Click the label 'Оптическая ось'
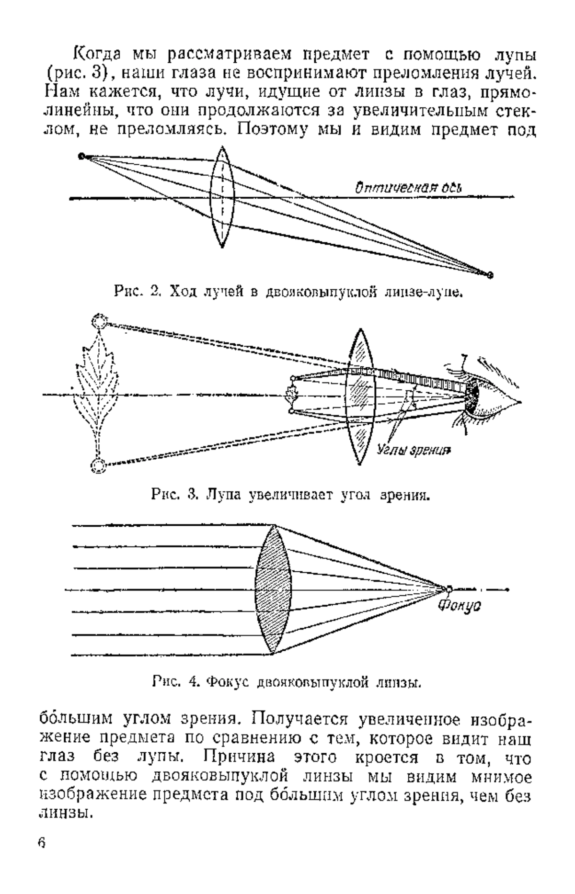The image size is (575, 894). (x=408, y=187)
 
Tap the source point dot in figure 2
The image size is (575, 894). (x=82, y=156)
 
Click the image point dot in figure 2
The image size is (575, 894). (x=490, y=275)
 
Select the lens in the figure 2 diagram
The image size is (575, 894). (x=222, y=197)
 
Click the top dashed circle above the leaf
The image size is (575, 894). (x=100, y=321)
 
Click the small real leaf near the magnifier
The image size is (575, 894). (x=290, y=395)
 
